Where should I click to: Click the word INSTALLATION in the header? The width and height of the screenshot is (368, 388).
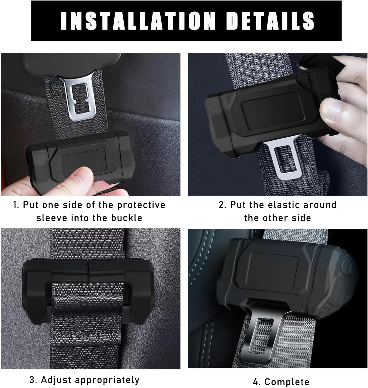[138, 21]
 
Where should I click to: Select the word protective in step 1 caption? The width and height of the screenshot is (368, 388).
[141, 205]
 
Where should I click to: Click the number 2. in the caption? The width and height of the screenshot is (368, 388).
[222, 205]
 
